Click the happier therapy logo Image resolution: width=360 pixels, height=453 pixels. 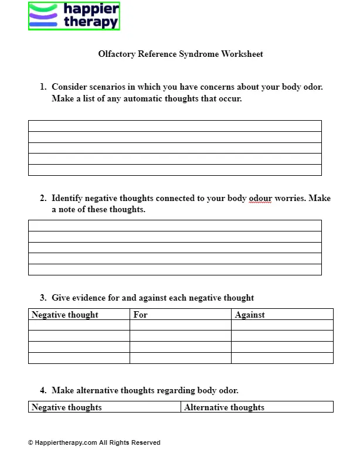(x=74, y=16)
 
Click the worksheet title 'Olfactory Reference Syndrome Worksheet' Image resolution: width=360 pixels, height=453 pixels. (x=181, y=54)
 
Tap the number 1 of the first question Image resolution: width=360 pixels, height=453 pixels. (x=43, y=87)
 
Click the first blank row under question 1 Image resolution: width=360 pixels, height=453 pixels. (x=175, y=126)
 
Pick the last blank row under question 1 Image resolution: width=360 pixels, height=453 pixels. (x=175, y=170)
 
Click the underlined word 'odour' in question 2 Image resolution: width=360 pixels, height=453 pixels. (x=260, y=198)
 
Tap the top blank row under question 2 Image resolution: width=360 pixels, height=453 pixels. (x=175, y=226)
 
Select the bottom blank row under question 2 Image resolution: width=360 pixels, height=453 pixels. (x=175, y=270)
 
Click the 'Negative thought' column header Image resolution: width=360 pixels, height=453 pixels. (x=65, y=315)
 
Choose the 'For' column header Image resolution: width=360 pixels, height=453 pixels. (x=141, y=315)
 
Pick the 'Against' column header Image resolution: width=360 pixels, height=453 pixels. (x=250, y=315)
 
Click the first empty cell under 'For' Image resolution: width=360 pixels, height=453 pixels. (x=180, y=325)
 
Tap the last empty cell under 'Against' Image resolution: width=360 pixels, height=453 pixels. (x=282, y=358)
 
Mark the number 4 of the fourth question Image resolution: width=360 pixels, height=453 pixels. (x=43, y=390)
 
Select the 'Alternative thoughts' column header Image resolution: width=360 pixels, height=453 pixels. (x=224, y=407)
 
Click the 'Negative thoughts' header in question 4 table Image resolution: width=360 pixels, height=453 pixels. (x=67, y=407)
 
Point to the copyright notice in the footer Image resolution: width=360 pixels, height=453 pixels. (x=94, y=442)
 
